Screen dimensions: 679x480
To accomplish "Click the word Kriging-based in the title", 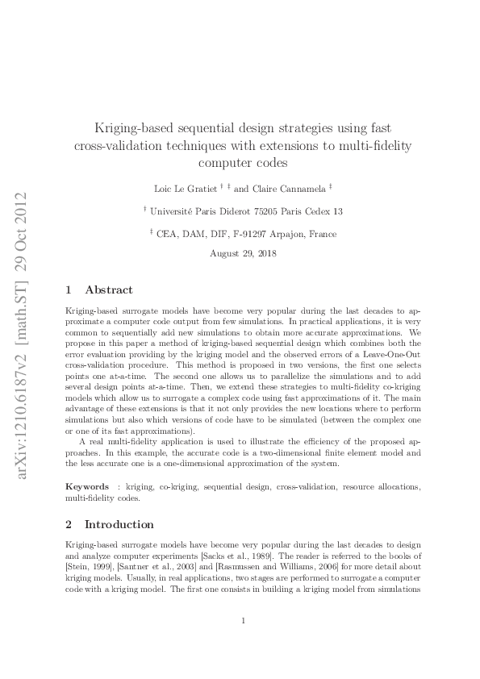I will pyautogui.click(x=134, y=128).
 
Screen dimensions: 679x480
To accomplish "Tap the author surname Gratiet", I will pyautogui.click(x=207, y=188).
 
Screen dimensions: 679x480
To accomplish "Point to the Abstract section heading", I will pyautogui.click(x=109, y=290).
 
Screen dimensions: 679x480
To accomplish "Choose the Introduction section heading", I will pyautogui.click(x=119, y=523).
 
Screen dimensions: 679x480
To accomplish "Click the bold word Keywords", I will pyautogui.click(x=87, y=487).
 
